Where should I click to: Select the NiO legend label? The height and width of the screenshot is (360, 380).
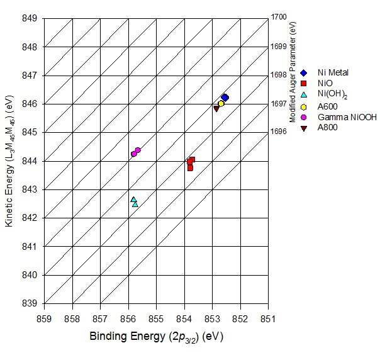click(325, 83)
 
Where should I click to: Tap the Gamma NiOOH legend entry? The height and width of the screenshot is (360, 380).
click(338, 117)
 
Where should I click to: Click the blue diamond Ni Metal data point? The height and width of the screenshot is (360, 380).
click(225, 98)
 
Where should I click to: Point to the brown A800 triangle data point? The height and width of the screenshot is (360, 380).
click(216, 108)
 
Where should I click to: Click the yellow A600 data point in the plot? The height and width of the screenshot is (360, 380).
click(221, 103)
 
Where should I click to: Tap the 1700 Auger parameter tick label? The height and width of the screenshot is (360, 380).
click(279, 18)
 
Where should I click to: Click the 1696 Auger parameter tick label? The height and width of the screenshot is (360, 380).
click(279, 132)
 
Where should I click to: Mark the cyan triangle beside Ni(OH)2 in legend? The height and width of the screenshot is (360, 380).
click(304, 94)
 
